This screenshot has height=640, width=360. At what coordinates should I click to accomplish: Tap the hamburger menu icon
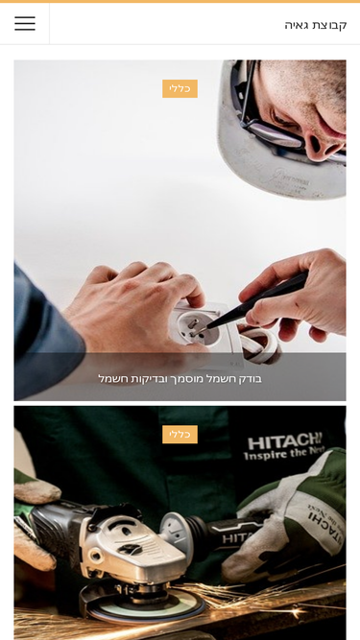25,24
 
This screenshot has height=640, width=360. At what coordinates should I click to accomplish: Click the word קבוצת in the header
330,25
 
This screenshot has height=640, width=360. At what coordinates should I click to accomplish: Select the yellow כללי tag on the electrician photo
180,88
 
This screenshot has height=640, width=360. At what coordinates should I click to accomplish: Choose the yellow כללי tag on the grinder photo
180,435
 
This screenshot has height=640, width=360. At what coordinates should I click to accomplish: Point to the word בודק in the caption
250,379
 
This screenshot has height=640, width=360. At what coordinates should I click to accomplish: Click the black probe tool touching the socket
256,301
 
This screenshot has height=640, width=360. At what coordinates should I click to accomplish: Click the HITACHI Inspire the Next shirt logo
284,447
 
